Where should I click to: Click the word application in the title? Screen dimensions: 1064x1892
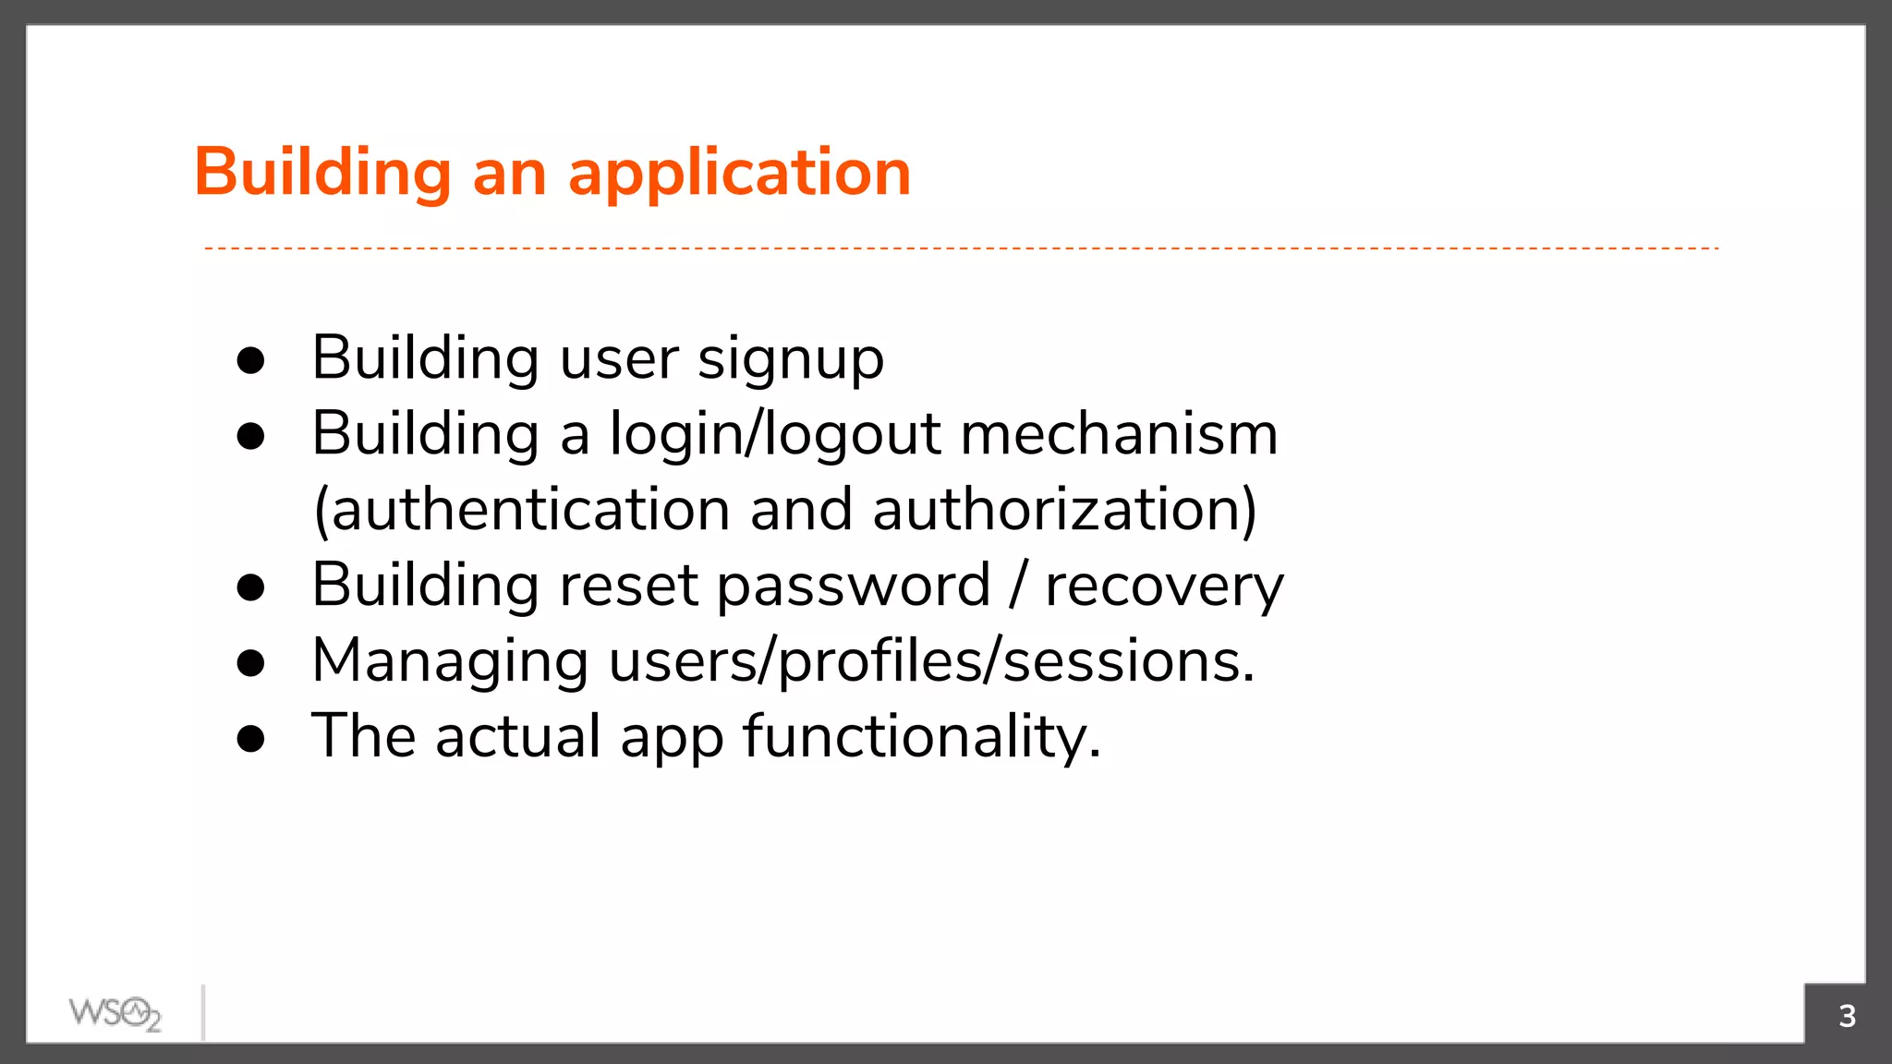pos(739,175)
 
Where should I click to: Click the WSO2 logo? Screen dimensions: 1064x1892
pos(115,1013)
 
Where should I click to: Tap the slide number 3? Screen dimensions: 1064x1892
pos(1847,1016)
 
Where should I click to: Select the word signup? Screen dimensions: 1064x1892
pos(791,359)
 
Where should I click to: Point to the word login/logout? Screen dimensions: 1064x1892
pos(775,435)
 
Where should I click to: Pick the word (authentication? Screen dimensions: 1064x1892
pos(522,510)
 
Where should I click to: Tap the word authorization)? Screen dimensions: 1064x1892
pos(1064,510)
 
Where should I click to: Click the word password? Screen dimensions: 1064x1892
pos(853,586)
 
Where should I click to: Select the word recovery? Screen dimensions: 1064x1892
pos(1164,586)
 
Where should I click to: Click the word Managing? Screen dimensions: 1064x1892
pos(450,662)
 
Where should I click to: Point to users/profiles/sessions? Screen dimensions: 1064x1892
pos(931,662)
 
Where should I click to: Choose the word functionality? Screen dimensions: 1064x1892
pos(922,738)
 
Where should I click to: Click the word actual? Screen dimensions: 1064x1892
pos(518,737)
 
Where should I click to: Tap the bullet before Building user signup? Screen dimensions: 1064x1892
pos(250,361)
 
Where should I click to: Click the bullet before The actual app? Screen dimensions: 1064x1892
pos(250,739)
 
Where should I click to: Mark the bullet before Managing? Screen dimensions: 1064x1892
pos(250,663)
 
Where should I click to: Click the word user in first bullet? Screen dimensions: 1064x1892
pos(619,359)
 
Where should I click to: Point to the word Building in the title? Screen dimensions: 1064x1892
pos(322,173)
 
